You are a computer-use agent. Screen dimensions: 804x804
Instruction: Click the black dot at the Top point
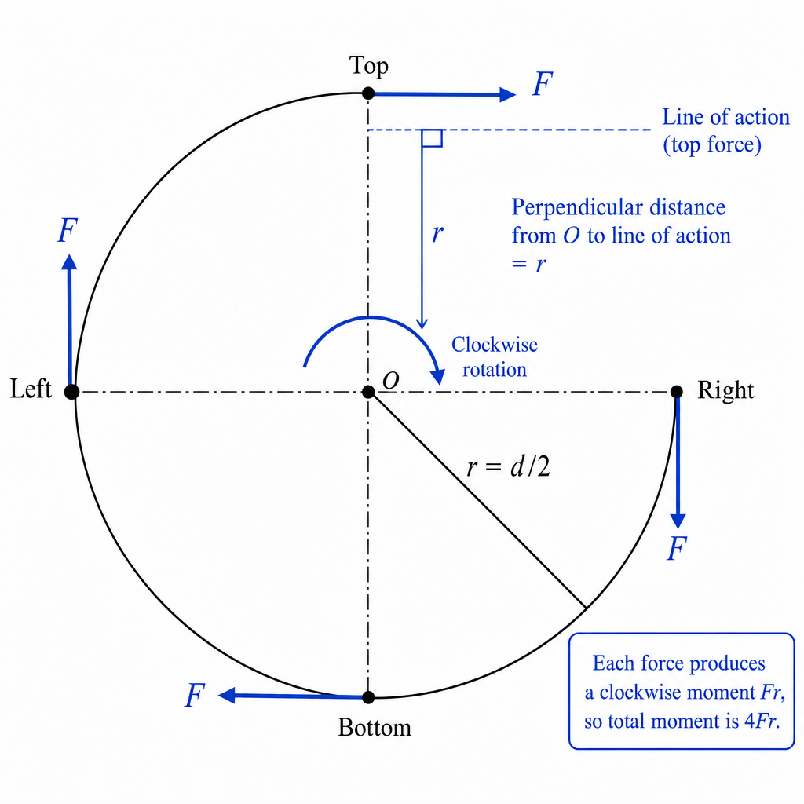pyautogui.click(x=368, y=93)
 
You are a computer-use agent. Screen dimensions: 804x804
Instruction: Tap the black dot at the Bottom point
pyautogui.click(x=368, y=697)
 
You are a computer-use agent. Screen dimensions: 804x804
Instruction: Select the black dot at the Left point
pyautogui.click(x=71, y=392)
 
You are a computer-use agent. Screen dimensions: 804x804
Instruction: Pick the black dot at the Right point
pyautogui.click(x=677, y=392)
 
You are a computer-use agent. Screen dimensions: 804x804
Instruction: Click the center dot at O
pyautogui.click(x=368, y=392)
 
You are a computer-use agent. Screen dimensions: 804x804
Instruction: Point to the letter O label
pyautogui.click(x=391, y=381)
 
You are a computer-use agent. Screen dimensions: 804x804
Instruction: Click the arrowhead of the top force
pyautogui.click(x=508, y=94)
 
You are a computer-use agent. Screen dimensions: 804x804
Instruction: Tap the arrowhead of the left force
pyautogui.click(x=69, y=261)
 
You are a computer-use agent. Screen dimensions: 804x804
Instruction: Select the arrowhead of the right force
pyautogui.click(x=678, y=521)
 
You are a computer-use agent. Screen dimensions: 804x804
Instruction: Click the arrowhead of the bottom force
pyautogui.click(x=226, y=696)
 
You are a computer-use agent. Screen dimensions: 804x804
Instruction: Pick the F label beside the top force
pyautogui.click(x=543, y=83)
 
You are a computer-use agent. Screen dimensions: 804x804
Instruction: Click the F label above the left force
pyautogui.click(x=68, y=230)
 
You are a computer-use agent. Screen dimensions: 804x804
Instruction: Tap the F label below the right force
pyautogui.click(x=677, y=548)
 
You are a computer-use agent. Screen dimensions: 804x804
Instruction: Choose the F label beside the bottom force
pyautogui.click(x=195, y=696)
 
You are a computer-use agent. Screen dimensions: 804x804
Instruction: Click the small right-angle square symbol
pyautogui.click(x=432, y=138)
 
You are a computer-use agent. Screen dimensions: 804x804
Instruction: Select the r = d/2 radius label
pyautogui.click(x=509, y=466)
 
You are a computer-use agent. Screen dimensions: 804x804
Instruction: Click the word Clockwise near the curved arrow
pyautogui.click(x=495, y=345)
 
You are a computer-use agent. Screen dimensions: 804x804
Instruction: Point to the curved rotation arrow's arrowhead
pyautogui.click(x=437, y=376)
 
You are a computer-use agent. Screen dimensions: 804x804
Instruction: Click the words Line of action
pyautogui.click(x=725, y=117)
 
